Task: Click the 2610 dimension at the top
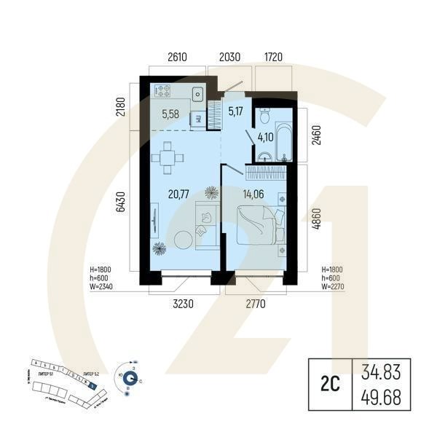178,57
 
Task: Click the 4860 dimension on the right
315,220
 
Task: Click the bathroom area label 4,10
267,135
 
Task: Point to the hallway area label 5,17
235,111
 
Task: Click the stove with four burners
162,92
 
